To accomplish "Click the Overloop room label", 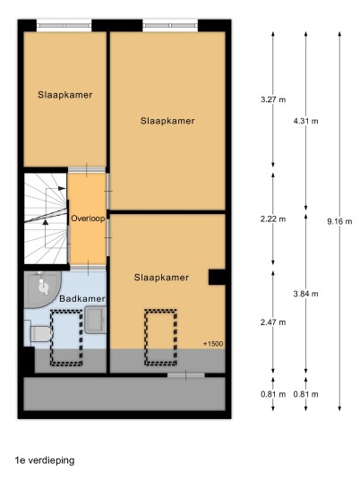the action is coord(88,219).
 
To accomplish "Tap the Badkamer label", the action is coord(82,298).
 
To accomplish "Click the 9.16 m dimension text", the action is coord(339,221).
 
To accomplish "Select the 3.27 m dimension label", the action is coord(273,99).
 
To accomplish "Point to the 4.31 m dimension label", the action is coord(305,121).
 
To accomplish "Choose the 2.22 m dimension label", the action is coord(273,219).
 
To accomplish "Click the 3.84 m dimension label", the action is coord(305,294).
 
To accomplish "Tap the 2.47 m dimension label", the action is coord(273,322).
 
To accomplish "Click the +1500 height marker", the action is coord(213,344).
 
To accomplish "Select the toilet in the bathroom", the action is coord(39,333).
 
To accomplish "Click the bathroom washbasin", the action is coord(96,320).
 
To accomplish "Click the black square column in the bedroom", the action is coord(217,277).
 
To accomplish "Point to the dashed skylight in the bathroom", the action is coord(66,338).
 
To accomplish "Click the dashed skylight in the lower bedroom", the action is coord(160,338).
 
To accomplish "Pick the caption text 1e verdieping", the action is coord(45,460).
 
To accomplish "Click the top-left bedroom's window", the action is coord(64,26).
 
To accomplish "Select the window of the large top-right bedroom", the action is coord(170,26).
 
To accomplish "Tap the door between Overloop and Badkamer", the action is coord(88,268).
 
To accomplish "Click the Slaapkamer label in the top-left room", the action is coord(65,95).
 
